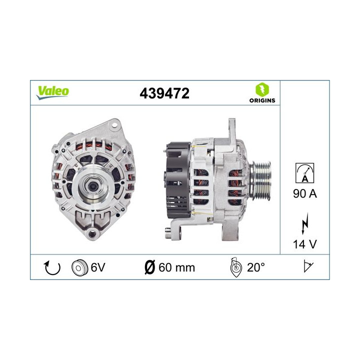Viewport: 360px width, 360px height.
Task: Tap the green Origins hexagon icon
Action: [x=261, y=90]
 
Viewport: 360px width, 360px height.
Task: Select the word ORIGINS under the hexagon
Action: [x=261, y=100]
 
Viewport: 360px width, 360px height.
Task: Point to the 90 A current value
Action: [x=304, y=193]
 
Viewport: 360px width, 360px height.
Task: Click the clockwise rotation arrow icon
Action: [x=52, y=267]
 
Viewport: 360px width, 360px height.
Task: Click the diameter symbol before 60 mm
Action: [x=148, y=267]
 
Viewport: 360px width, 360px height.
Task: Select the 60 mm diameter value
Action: [x=176, y=267]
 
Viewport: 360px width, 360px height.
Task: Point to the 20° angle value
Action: [x=256, y=267]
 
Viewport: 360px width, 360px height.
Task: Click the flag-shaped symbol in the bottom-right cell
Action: [x=307, y=267]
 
